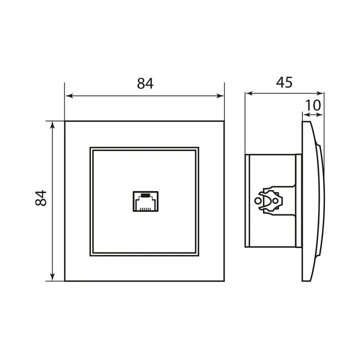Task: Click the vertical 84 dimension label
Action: pyautogui.click(x=41, y=198)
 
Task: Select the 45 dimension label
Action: pyautogui.click(x=284, y=82)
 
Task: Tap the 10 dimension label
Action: pyautogui.click(x=312, y=105)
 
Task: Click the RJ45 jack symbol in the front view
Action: pyautogui.click(x=145, y=201)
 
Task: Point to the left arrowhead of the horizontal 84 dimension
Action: pyautogui.click(x=69, y=96)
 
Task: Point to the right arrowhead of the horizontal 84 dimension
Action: pyautogui.click(x=220, y=96)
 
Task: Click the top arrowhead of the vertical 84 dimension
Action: pyautogui.click(x=53, y=125)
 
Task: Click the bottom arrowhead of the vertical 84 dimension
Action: pyautogui.click(x=53, y=277)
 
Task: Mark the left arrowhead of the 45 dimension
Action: pyautogui.click(x=249, y=93)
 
